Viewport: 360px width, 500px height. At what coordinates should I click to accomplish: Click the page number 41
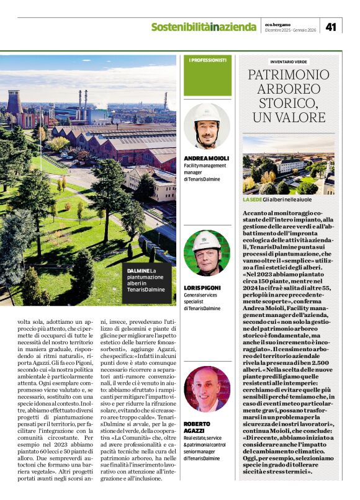click(331, 26)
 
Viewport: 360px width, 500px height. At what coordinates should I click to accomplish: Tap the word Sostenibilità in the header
click(180, 27)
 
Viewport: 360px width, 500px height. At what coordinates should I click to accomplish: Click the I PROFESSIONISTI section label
click(208, 60)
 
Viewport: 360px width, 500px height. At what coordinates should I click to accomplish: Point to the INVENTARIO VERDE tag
click(289, 62)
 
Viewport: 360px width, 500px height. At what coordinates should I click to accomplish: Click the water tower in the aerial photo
click(15, 102)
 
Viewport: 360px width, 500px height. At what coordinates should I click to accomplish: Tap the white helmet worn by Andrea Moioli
click(207, 112)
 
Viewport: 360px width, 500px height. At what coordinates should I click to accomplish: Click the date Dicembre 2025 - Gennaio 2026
click(291, 30)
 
